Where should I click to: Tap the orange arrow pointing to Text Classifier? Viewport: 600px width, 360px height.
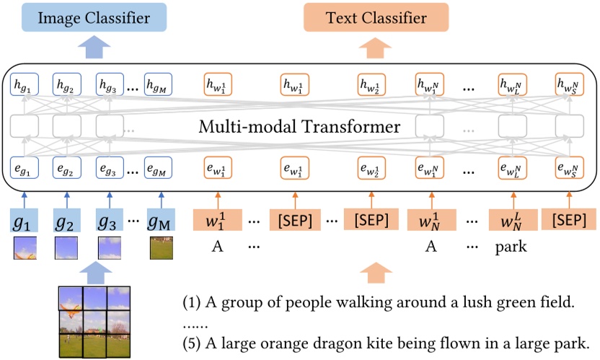pyautogui.click(x=372, y=48)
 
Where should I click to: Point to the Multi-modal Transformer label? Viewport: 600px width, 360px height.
pyautogui.click(x=299, y=128)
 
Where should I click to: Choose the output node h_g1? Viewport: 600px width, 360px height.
pyautogui.click(x=23, y=85)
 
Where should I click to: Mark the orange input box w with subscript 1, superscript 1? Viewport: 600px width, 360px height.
pyautogui.click(x=216, y=219)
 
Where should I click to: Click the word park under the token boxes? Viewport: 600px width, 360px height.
pyautogui.click(x=511, y=247)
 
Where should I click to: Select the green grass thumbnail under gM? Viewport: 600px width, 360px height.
pyautogui.click(x=160, y=248)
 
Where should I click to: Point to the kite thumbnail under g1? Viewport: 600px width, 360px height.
pyautogui.click(x=23, y=248)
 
